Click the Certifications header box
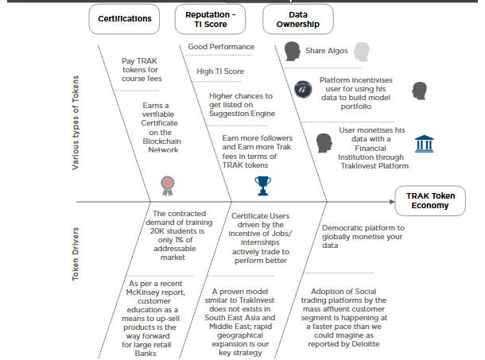click(124, 18)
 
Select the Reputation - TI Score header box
click(211, 19)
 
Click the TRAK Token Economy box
click(432, 200)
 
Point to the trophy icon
click(262, 185)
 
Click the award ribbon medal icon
click(166, 185)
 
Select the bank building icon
click(423, 144)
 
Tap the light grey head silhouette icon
click(362, 52)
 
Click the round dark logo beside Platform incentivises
click(301, 88)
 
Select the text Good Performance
click(221, 47)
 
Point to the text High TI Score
click(220, 72)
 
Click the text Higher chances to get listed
click(236, 104)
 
